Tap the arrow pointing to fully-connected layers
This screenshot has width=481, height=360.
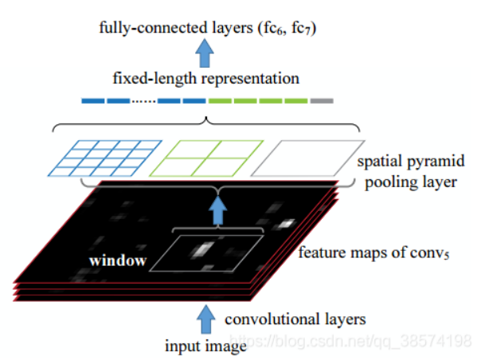(206, 54)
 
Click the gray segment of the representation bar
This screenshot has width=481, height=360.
(322, 101)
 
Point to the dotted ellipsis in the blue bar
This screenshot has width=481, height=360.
(143, 101)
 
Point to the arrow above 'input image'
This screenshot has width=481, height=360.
(206, 319)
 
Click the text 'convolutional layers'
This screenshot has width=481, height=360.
(295, 320)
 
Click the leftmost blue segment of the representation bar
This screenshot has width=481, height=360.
(92, 101)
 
